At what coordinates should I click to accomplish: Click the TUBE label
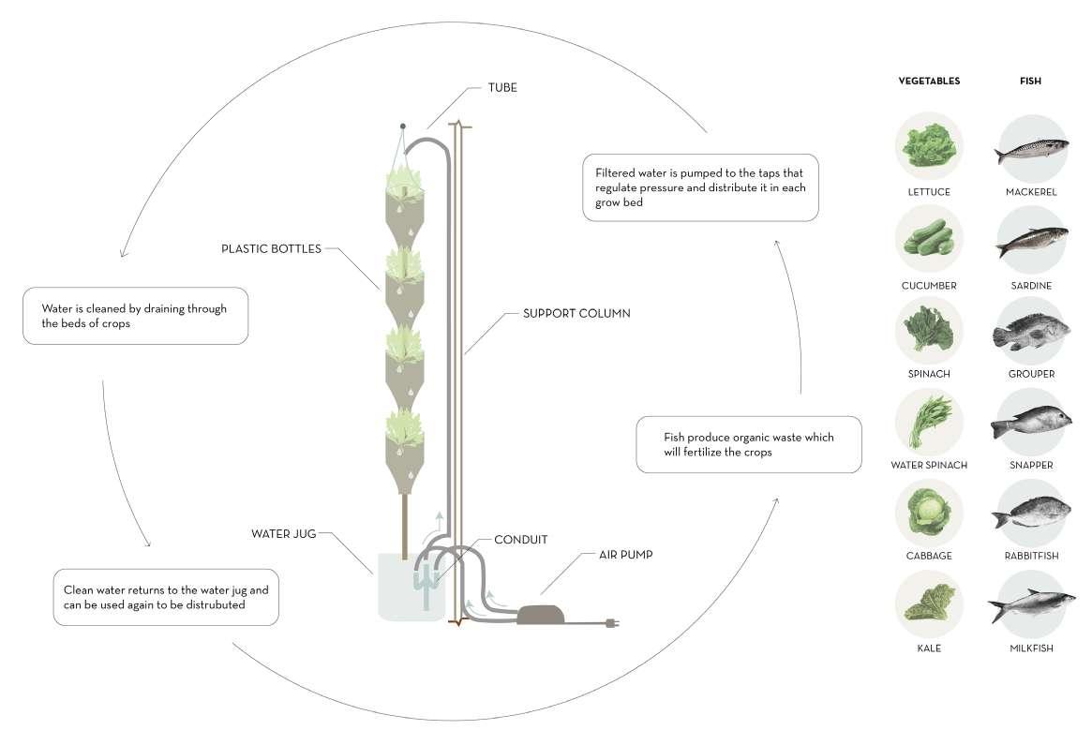(501, 88)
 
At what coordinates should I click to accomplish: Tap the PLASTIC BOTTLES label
(271, 249)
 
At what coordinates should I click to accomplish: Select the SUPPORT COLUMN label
(576, 313)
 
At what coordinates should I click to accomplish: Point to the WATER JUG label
(284, 534)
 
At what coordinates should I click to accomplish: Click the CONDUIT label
(520, 540)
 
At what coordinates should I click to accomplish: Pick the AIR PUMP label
(626, 555)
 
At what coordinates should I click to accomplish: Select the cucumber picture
(928, 239)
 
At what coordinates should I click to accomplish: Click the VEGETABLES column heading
(929, 82)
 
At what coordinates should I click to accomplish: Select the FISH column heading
(1030, 82)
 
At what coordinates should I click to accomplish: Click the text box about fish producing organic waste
(748, 444)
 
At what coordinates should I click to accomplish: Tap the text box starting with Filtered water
(700, 187)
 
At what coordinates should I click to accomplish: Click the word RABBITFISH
(1030, 556)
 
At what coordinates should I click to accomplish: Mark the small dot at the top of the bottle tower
(403, 125)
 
